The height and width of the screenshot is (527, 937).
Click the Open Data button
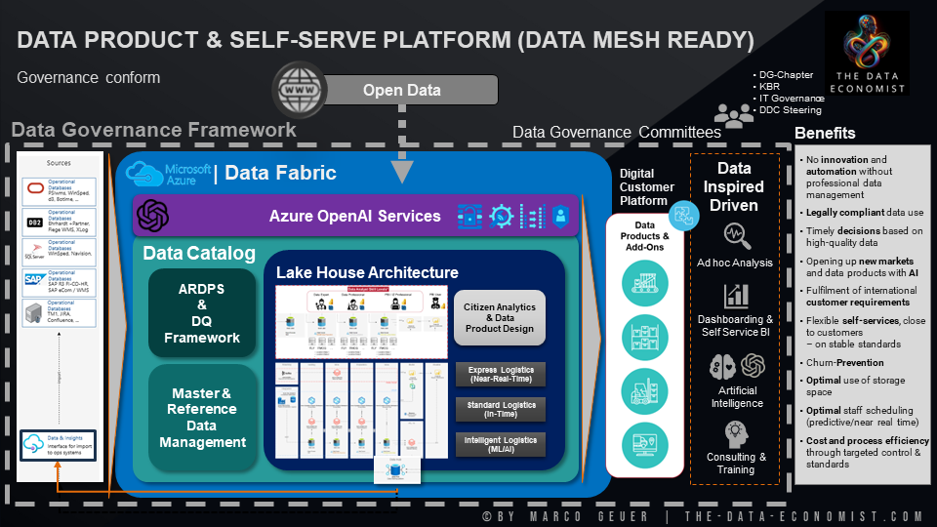pyautogui.click(x=402, y=91)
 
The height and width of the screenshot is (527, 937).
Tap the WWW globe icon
pyautogui.click(x=298, y=90)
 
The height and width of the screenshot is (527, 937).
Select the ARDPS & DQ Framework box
pyautogui.click(x=201, y=313)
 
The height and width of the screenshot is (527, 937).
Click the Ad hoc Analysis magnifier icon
pyautogui.click(x=735, y=235)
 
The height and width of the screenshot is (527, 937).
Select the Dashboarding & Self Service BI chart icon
pyautogui.click(x=735, y=296)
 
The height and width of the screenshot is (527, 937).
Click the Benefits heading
pyautogui.click(x=825, y=133)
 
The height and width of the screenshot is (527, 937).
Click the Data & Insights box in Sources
pyautogui.click(x=59, y=446)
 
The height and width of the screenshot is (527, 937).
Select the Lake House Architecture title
pyautogui.click(x=367, y=272)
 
